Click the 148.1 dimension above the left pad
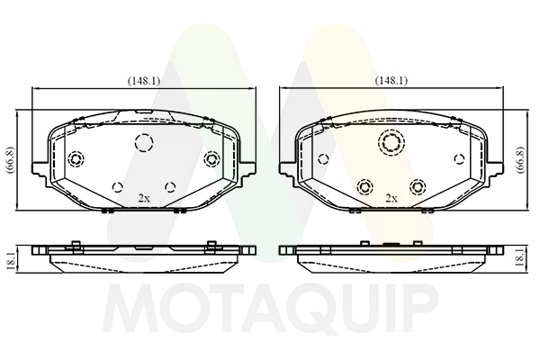144,81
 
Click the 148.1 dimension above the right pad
391,81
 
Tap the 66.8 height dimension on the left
10,160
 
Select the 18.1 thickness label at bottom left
10,260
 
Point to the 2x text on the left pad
144,198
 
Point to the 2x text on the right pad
391,198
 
